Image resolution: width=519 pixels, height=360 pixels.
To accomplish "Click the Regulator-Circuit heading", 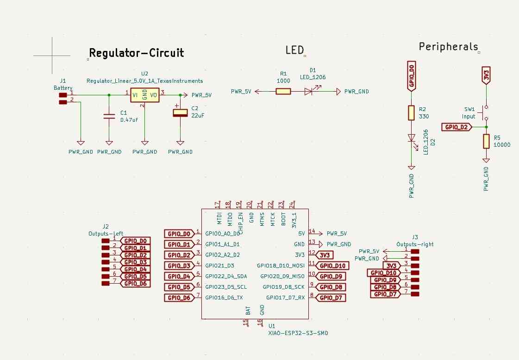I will pos(136,53).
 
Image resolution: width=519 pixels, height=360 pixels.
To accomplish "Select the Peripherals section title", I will pos(448,47).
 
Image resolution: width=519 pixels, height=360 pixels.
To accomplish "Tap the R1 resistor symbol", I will pos(283,92).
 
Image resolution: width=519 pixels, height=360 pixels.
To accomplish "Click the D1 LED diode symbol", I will pos(309,92).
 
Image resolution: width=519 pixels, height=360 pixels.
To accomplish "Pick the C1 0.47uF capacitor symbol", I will pos(109,116).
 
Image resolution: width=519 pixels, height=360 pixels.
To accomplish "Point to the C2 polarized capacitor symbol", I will pos(180,112).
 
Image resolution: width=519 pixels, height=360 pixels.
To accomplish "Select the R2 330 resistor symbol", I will pos(411,112).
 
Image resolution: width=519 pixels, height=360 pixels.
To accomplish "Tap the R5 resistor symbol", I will pos(486,141).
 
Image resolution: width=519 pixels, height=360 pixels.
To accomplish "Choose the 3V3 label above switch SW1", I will pos(486,75).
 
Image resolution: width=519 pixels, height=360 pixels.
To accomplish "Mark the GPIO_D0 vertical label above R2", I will pos(411,75).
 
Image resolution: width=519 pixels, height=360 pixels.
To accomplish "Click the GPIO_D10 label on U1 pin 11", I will pos(332,266).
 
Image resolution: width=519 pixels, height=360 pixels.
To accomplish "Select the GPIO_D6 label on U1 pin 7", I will pos(179,298).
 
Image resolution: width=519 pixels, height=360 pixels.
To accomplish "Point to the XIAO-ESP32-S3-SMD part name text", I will pos(298,333).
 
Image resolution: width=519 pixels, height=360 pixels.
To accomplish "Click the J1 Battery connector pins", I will pos(63,99).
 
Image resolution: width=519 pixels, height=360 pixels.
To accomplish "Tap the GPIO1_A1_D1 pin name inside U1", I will pos(223,244).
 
